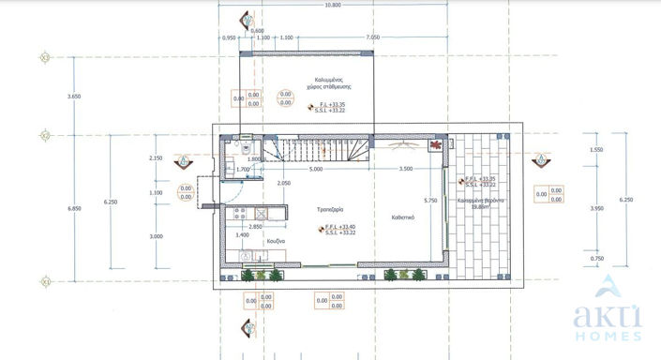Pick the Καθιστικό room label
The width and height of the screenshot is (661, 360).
point(404,217)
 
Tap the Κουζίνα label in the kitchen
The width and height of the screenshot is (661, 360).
point(275,241)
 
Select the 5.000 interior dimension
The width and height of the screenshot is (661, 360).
point(315,170)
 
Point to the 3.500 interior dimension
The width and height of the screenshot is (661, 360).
point(406,170)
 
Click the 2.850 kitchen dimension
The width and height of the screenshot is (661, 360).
point(254,228)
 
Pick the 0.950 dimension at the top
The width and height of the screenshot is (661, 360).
point(229,37)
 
